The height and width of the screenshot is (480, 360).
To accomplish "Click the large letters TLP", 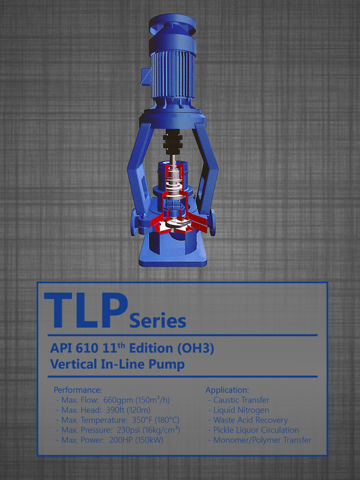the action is tap(86, 311).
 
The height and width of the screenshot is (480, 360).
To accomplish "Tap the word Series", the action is tap(158, 321).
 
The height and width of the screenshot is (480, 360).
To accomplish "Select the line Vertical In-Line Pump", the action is tap(117, 364).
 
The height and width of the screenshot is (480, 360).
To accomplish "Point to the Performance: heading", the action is tap(77, 389).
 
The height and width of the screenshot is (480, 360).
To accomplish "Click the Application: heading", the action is tap(227, 390).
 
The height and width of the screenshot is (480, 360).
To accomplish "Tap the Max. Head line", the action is tap(103, 410).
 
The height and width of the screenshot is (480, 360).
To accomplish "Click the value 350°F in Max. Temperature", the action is tap(142, 420).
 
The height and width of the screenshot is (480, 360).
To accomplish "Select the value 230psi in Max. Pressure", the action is tap(129, 430).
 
